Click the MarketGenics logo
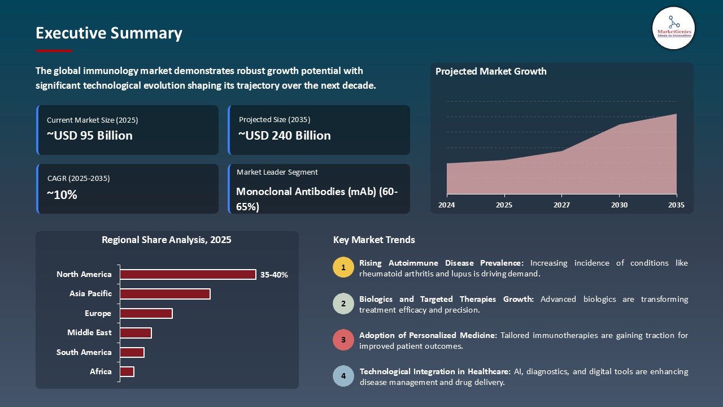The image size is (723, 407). tap(673, 28)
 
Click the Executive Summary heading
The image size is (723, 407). tap(109, 33)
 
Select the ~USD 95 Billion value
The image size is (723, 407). tap(90, 136)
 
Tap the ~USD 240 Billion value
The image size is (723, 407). tap(285, 136)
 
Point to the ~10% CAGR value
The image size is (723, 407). tap(62, 195)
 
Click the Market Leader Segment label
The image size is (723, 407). tap(277, 172)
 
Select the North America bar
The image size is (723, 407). tap(188, 274)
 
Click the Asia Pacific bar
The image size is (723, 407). tap(165, 294)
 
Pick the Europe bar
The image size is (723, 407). tap(146, 313)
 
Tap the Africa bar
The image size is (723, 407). tap(127, 371)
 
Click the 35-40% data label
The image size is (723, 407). tap(274, 275)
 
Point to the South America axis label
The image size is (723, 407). tap(84, 352)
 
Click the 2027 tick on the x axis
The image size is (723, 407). tap(561, 205)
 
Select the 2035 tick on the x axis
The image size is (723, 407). tap(676, 205)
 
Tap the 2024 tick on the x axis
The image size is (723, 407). tap(447, 205)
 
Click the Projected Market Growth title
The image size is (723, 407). tap(491, 71)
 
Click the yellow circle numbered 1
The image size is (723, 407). tap(343, 267)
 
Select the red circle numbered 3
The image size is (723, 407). tap(343, 340)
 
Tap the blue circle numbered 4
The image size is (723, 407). tap(343, 376)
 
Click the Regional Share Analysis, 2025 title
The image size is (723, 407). tap(167, 240)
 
